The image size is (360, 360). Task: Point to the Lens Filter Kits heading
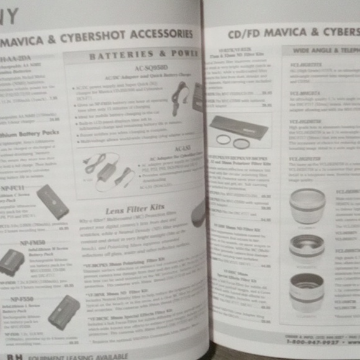coord(135,209)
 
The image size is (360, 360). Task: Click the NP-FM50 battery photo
coord(11,263)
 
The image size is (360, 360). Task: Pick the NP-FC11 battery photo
coord(53,200)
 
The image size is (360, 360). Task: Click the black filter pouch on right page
coord(238,127)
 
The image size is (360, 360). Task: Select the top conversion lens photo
coord(307,205)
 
